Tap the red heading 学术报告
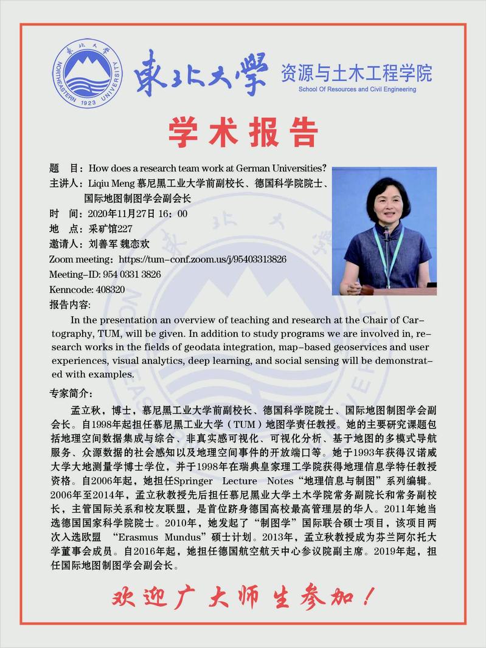click(243, 132)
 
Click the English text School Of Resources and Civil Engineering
click(357, 89)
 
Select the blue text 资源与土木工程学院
click(356, 73)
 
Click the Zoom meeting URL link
click(203, 259)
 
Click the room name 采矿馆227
click(110, 229)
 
